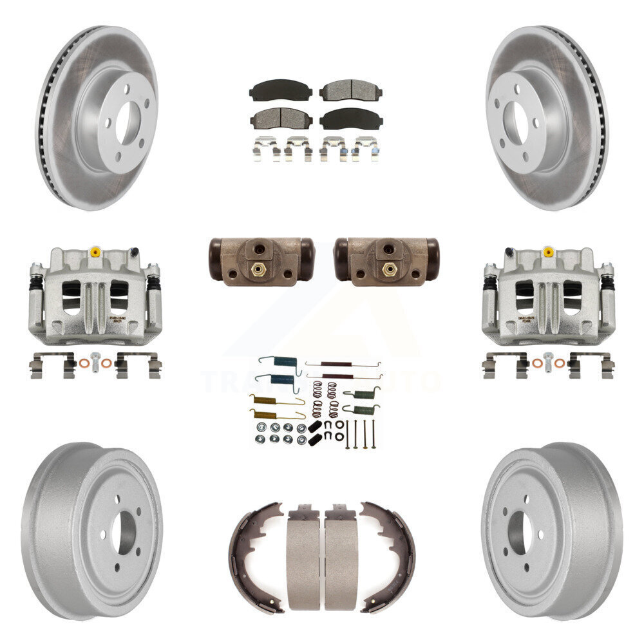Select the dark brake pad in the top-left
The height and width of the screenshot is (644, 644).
pyautogui.click(x=281, y=90)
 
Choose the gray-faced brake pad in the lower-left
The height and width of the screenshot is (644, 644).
pyautogui.click(x=281, y=118)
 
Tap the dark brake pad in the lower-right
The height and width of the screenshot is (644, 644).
pyautogui.click(x=350, y=118)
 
